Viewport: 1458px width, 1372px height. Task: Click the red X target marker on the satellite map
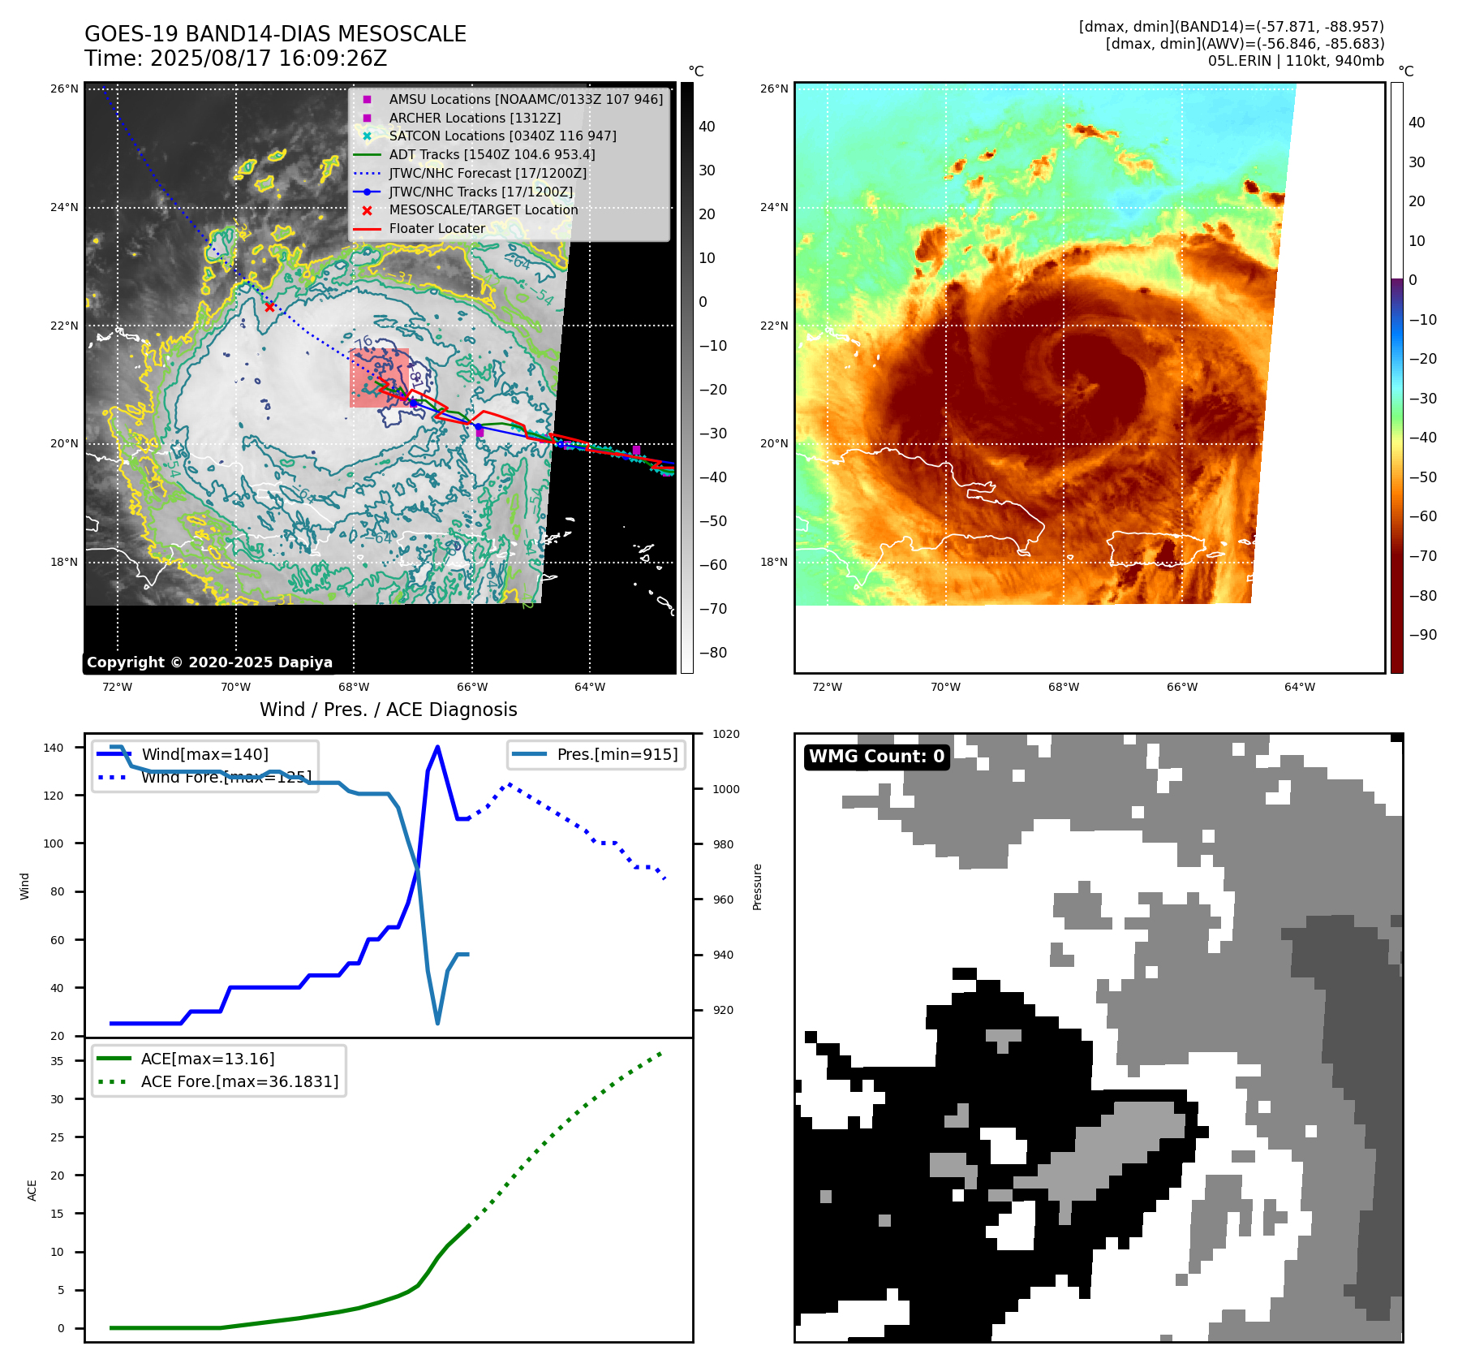tap(269, 307)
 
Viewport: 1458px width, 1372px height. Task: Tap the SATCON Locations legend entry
tap(502, 136)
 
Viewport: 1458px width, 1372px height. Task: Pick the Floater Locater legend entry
tap(437, 228)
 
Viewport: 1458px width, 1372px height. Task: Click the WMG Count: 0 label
tap(876, 757)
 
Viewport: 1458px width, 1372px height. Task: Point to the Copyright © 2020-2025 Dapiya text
tap(209, 662)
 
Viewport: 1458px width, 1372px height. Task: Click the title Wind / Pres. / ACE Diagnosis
tap(388, 710)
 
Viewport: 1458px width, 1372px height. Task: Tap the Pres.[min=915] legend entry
tap(617, 754)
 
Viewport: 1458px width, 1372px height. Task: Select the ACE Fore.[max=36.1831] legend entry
tap(239, 1081)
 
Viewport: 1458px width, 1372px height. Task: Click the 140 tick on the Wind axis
tap(54, 748)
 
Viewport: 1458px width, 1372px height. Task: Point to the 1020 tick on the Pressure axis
tap(726, 734)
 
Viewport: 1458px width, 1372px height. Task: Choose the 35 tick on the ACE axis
tap(57, 1061)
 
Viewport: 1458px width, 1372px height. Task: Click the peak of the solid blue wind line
tap(437, 747)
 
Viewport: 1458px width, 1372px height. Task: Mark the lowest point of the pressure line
tap(437, 1024)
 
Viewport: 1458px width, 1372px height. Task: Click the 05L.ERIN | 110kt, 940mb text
tap(1296, 61)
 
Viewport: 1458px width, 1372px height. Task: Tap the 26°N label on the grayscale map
tap(64, 88)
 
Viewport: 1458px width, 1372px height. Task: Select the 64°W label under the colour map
tap(1300, 687)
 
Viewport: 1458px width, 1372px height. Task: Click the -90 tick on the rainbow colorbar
tap(1422, 635)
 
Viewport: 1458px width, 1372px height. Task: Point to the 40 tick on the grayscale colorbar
tap(707, 127)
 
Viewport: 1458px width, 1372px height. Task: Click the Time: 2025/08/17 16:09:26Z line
tap(235, 58)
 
